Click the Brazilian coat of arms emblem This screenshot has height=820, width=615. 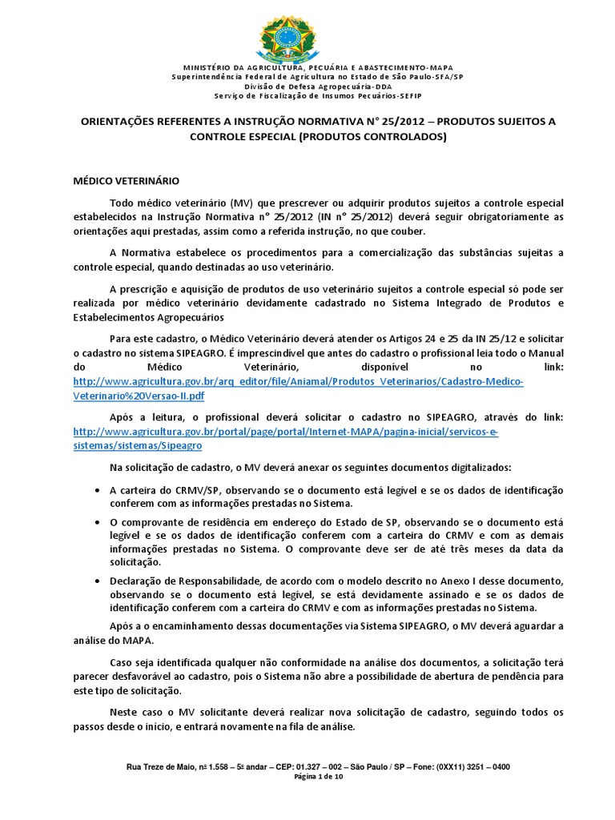(x=307, y=34)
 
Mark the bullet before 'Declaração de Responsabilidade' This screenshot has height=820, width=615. (x=97, y=580)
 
